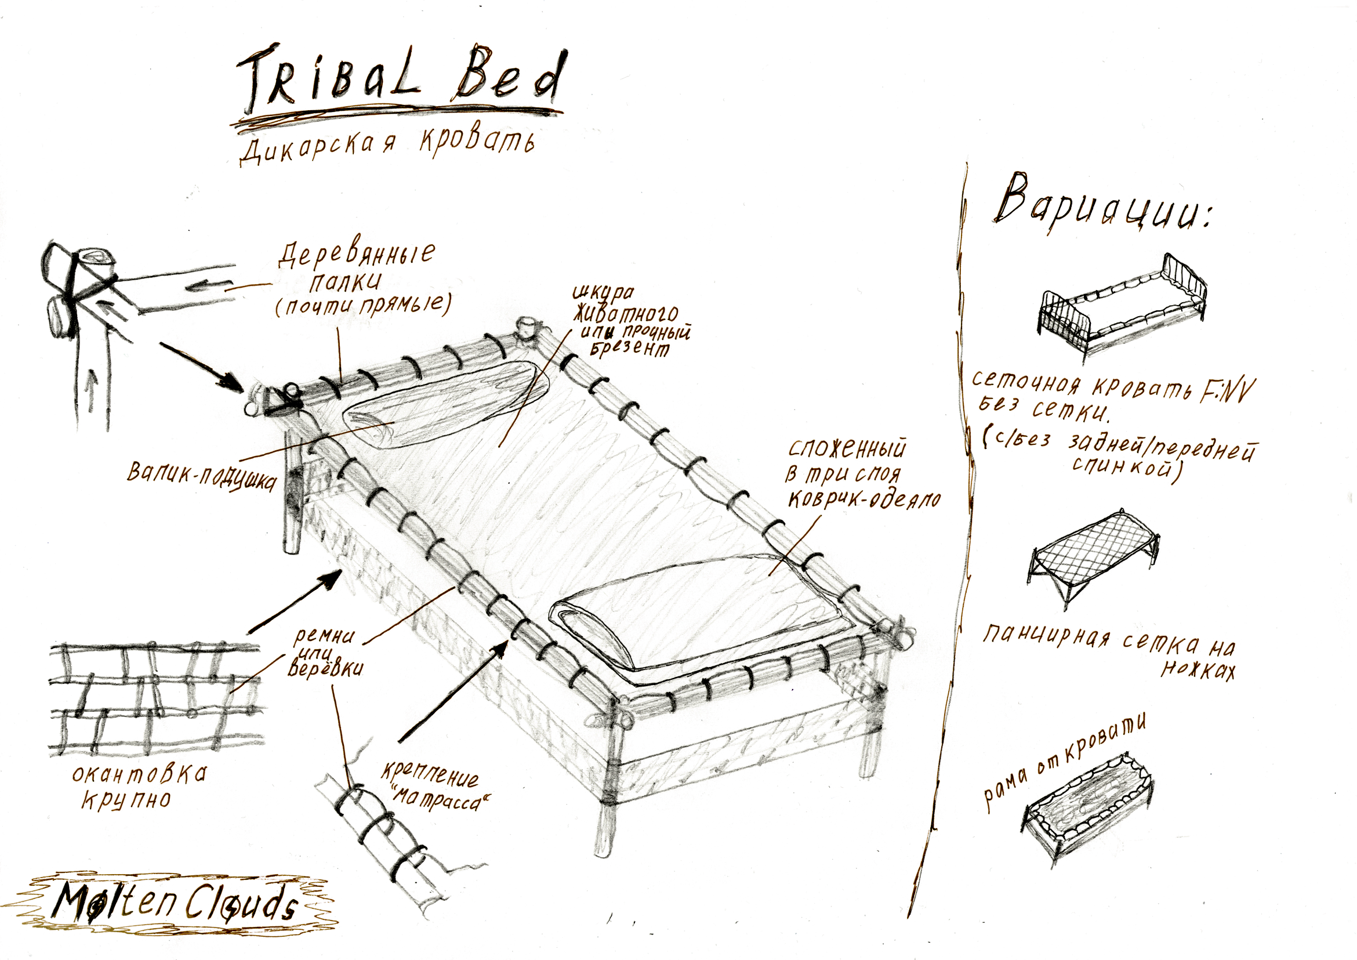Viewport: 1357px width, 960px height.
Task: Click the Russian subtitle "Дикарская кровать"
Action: tap(387, 148)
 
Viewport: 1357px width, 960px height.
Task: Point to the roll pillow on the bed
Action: tap(447, 404)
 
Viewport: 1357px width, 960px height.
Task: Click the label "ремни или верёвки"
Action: tap(325, 653)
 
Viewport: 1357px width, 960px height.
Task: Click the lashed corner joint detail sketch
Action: tap(89, 313)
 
